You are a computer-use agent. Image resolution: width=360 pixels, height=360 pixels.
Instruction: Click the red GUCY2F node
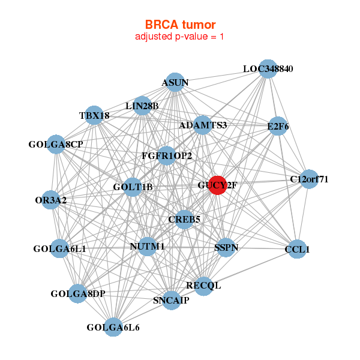pos(217,185)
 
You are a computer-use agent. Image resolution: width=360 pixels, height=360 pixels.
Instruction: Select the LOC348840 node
pos(268,69)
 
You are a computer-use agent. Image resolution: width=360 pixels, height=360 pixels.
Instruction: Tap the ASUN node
pos(175,82)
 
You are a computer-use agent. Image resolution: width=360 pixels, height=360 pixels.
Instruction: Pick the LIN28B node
pos(142,106)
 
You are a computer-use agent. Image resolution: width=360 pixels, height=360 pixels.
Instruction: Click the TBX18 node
pos(94,115)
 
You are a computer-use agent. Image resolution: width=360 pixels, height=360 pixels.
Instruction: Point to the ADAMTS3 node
pos(203,125)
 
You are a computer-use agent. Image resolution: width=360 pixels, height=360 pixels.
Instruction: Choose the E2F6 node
pos(278,126)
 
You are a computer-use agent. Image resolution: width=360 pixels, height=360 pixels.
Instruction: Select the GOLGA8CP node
pos(56,144)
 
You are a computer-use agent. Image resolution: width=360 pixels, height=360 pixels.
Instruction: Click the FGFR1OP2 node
pos(167,156)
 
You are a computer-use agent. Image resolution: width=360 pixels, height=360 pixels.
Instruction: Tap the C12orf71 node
pos(309,179)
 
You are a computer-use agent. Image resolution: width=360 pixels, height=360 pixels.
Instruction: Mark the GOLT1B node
pos(133,187)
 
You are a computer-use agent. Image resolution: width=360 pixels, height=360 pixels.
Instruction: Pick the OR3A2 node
pos(51,199)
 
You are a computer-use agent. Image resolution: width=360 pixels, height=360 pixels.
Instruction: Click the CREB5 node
pos(184,220)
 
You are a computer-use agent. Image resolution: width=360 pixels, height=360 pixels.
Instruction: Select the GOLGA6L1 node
pos(59,248)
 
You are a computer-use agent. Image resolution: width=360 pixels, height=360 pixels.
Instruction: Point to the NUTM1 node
pos(147,246)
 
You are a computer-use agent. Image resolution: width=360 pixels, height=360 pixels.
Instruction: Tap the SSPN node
pos(225,247)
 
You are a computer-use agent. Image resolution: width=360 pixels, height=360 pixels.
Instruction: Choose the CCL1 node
pos(297,248)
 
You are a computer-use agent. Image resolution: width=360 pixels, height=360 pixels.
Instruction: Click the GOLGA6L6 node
pos(113,327)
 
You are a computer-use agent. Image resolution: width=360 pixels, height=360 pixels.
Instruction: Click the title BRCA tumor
pos(180,25)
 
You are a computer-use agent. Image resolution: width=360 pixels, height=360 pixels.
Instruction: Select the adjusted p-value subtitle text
pos(180,37)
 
